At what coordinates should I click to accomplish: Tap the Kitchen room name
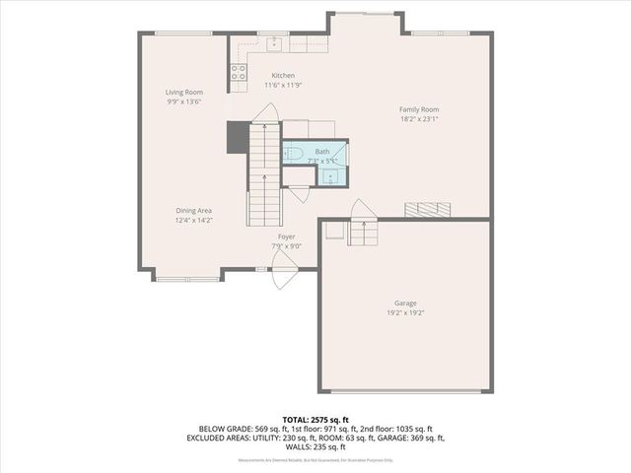(283, 76)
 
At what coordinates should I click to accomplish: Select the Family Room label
(419, 109)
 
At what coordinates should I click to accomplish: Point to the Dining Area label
(193, 211)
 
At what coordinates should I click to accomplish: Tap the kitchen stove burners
(238, 71)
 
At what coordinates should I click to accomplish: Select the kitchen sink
(274, 43)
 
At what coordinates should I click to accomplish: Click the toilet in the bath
(295, 154)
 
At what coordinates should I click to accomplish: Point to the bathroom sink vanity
(331, 174)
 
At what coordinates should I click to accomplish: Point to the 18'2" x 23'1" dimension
(419, 119)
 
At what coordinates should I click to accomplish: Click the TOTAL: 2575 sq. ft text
(315, 420)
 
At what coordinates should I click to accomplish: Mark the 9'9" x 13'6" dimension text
(183, 101)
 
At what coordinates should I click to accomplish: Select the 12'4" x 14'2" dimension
(193, 221)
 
